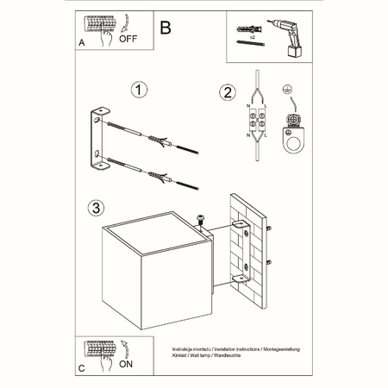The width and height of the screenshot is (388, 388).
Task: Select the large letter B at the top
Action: point(166,27)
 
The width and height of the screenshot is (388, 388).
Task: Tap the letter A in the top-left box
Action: point(81,41)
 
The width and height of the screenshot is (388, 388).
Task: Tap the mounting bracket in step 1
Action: point(101,141)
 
